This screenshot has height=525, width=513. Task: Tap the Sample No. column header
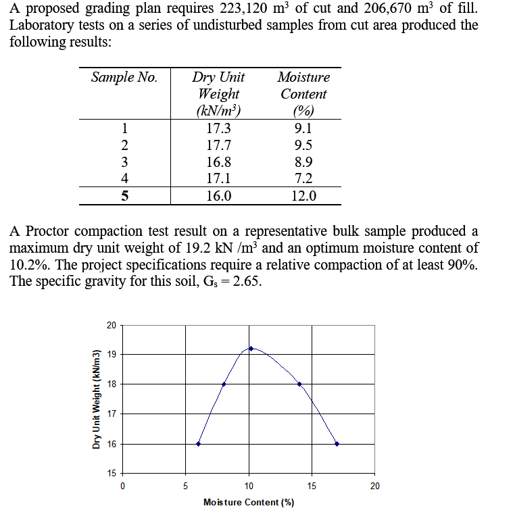tap(124, 77)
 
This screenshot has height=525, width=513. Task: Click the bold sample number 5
tap(124, 197)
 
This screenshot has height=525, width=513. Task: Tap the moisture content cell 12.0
tap(303, 197)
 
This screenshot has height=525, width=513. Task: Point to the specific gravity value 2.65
tap(245, 281)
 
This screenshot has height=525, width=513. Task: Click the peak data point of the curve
tap(251, 349)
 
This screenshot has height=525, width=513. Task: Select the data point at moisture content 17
tap(337, 444)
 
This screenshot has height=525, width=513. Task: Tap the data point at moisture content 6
tap(198, 444)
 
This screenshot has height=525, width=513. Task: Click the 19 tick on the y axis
tap(111, 354)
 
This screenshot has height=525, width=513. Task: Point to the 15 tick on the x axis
tap(312, 485)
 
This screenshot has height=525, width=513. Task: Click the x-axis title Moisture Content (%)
tap(248, 502)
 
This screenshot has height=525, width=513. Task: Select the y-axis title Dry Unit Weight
tap(96, 399)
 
